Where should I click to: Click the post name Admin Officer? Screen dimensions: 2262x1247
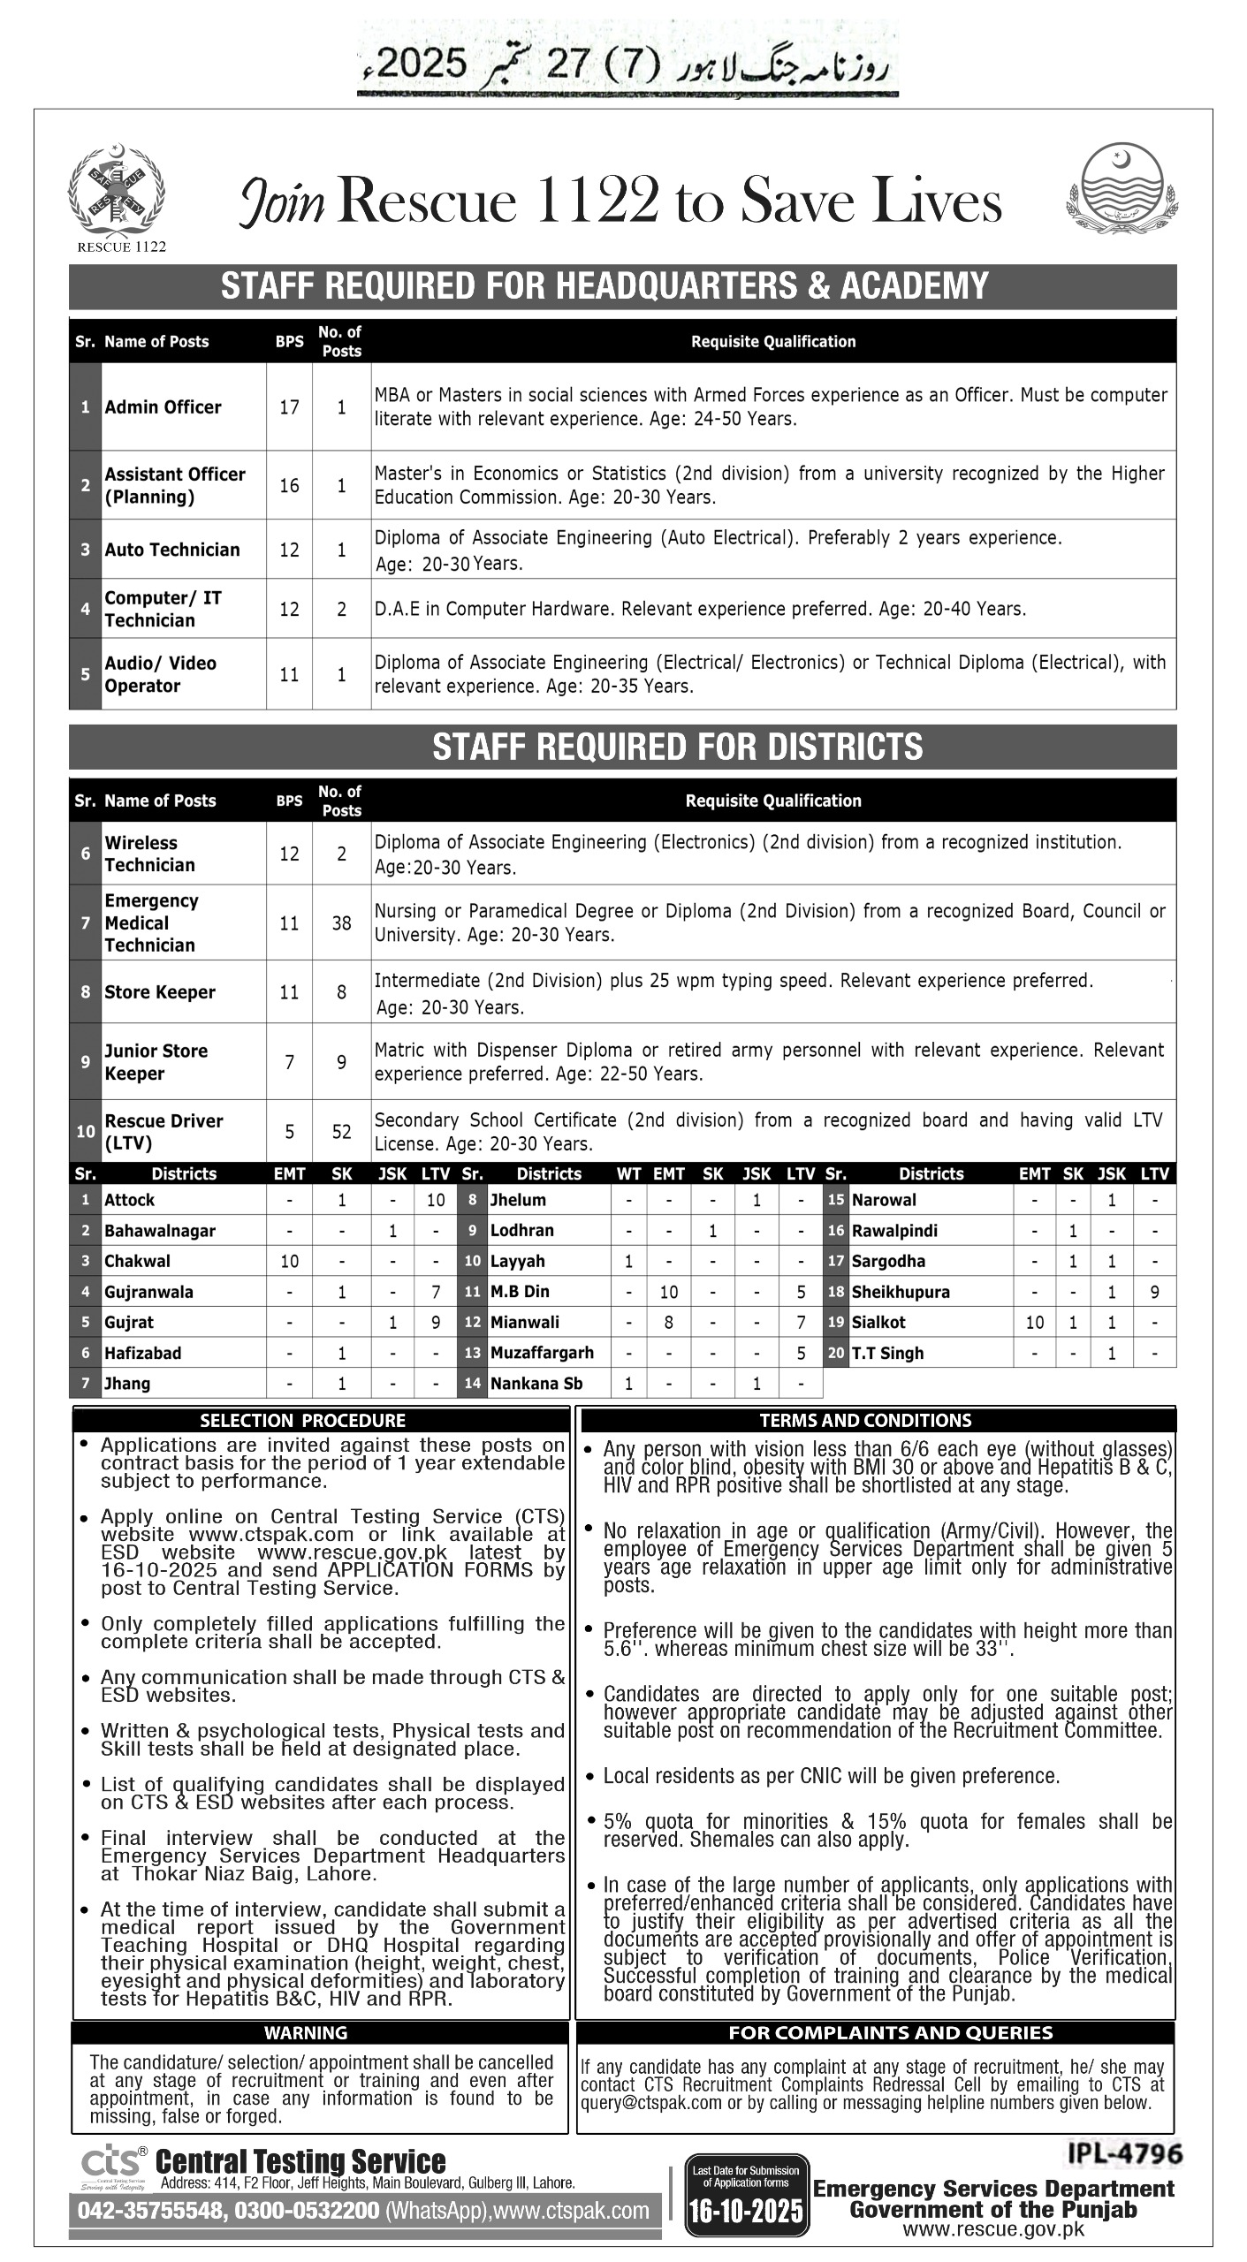(x=163, y=407)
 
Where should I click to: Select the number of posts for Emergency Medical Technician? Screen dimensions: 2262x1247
(x=341, y=923)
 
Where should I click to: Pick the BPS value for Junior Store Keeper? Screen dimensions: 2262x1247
(x=289, y=1062)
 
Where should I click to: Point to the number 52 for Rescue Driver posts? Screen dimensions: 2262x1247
(x=341, y=1132)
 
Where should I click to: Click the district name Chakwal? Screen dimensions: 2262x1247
(x=137, y=1261)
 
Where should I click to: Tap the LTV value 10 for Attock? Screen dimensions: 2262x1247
(x=436, y=1200)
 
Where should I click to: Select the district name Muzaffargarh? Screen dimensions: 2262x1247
(x=542, y=1353)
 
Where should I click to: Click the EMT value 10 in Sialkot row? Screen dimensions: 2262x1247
(x=1034, y=1323)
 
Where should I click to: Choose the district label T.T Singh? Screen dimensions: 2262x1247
(x=887, y=1353)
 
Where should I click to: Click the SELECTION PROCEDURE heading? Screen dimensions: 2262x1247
(x=302, y=1421)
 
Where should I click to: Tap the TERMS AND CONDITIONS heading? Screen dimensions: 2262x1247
(x=865, y=1421)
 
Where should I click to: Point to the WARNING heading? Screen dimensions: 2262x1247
(x=306, y=2033)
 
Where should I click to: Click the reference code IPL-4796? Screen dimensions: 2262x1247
(x=1124, y=2154)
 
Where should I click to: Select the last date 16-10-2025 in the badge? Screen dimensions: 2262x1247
(x=747, y=2210)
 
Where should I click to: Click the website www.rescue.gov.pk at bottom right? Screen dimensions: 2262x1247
(x=993, y=2229)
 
